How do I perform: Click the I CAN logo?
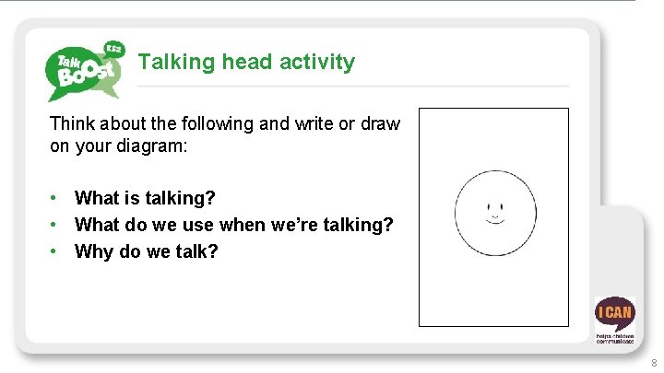[x=614, y=319]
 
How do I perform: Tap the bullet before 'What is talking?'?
[x=56, y=198]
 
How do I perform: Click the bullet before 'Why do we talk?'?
[x=56, y=251]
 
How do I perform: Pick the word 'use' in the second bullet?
[x=197, y=225]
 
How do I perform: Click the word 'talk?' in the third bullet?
[x=195, y=251]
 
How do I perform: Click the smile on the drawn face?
[x=495, y=220]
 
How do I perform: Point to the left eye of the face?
[x=488, y=205]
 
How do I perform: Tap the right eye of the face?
[x=503, y=205]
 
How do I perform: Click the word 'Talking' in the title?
[x=177, y=63]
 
